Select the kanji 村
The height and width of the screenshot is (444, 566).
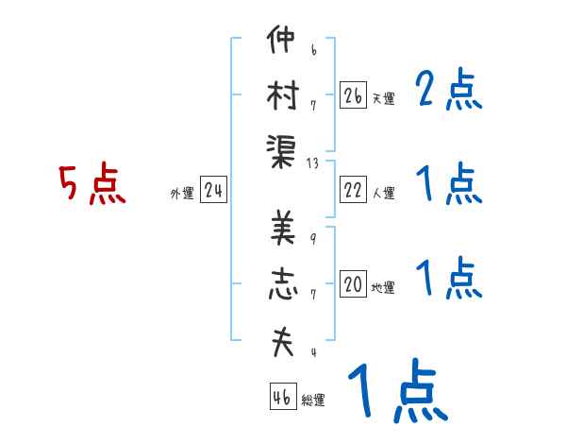281,95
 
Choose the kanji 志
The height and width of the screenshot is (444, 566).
281,284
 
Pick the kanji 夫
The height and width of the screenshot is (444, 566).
281,339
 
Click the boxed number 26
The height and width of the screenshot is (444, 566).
354,95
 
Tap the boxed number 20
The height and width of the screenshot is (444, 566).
354,284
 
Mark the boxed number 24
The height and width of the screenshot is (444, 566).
213,191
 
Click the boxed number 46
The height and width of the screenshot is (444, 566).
281,397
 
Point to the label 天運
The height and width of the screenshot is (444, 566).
383,98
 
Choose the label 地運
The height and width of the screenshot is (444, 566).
383,287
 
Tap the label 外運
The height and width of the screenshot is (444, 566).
181,194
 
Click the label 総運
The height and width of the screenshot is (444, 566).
313,400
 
